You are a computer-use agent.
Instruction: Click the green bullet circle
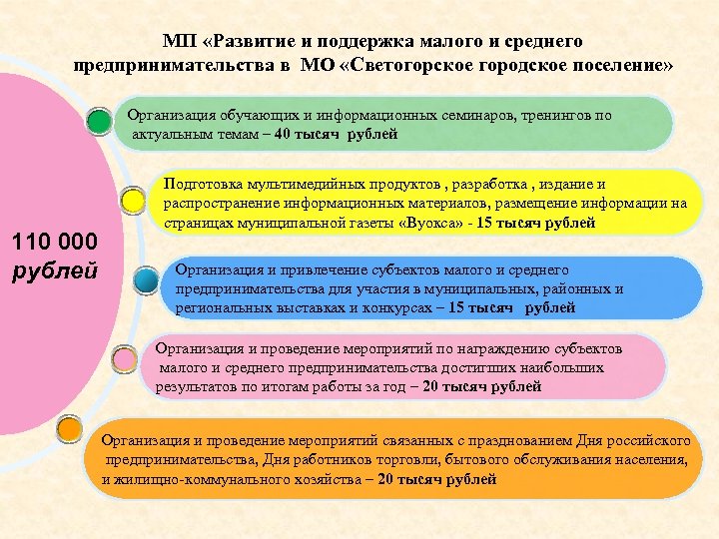[99, 122]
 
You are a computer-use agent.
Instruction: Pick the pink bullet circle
[125, 357]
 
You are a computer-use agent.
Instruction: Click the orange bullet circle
[70, 430]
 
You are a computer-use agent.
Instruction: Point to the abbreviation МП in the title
[179, 42]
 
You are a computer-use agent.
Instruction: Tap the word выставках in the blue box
[293, 308]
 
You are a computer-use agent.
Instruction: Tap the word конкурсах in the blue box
[382, 308]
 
